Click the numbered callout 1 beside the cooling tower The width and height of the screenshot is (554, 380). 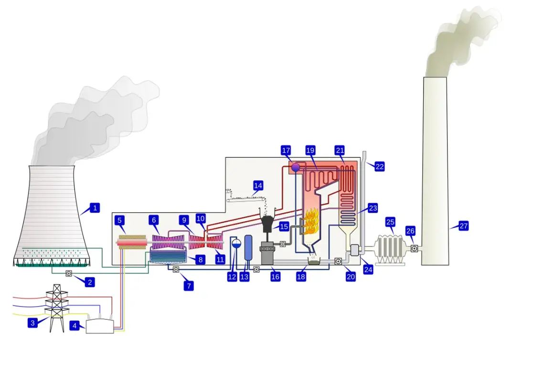95,208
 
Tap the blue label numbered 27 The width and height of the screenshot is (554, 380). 463,226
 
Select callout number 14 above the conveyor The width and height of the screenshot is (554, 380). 258,185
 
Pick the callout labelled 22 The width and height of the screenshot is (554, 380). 380,166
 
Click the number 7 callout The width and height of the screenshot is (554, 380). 189,286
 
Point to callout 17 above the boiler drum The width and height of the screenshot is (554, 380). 286,150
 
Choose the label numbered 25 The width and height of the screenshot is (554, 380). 390,222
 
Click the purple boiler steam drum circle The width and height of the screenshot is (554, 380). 295,167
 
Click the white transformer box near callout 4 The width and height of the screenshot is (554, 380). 100,326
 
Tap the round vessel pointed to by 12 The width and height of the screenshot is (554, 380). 236,243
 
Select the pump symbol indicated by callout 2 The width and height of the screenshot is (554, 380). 69,274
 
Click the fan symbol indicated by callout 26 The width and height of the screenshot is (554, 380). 414,249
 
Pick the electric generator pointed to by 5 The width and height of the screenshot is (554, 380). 132,242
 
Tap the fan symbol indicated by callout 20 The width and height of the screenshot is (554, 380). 338,261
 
